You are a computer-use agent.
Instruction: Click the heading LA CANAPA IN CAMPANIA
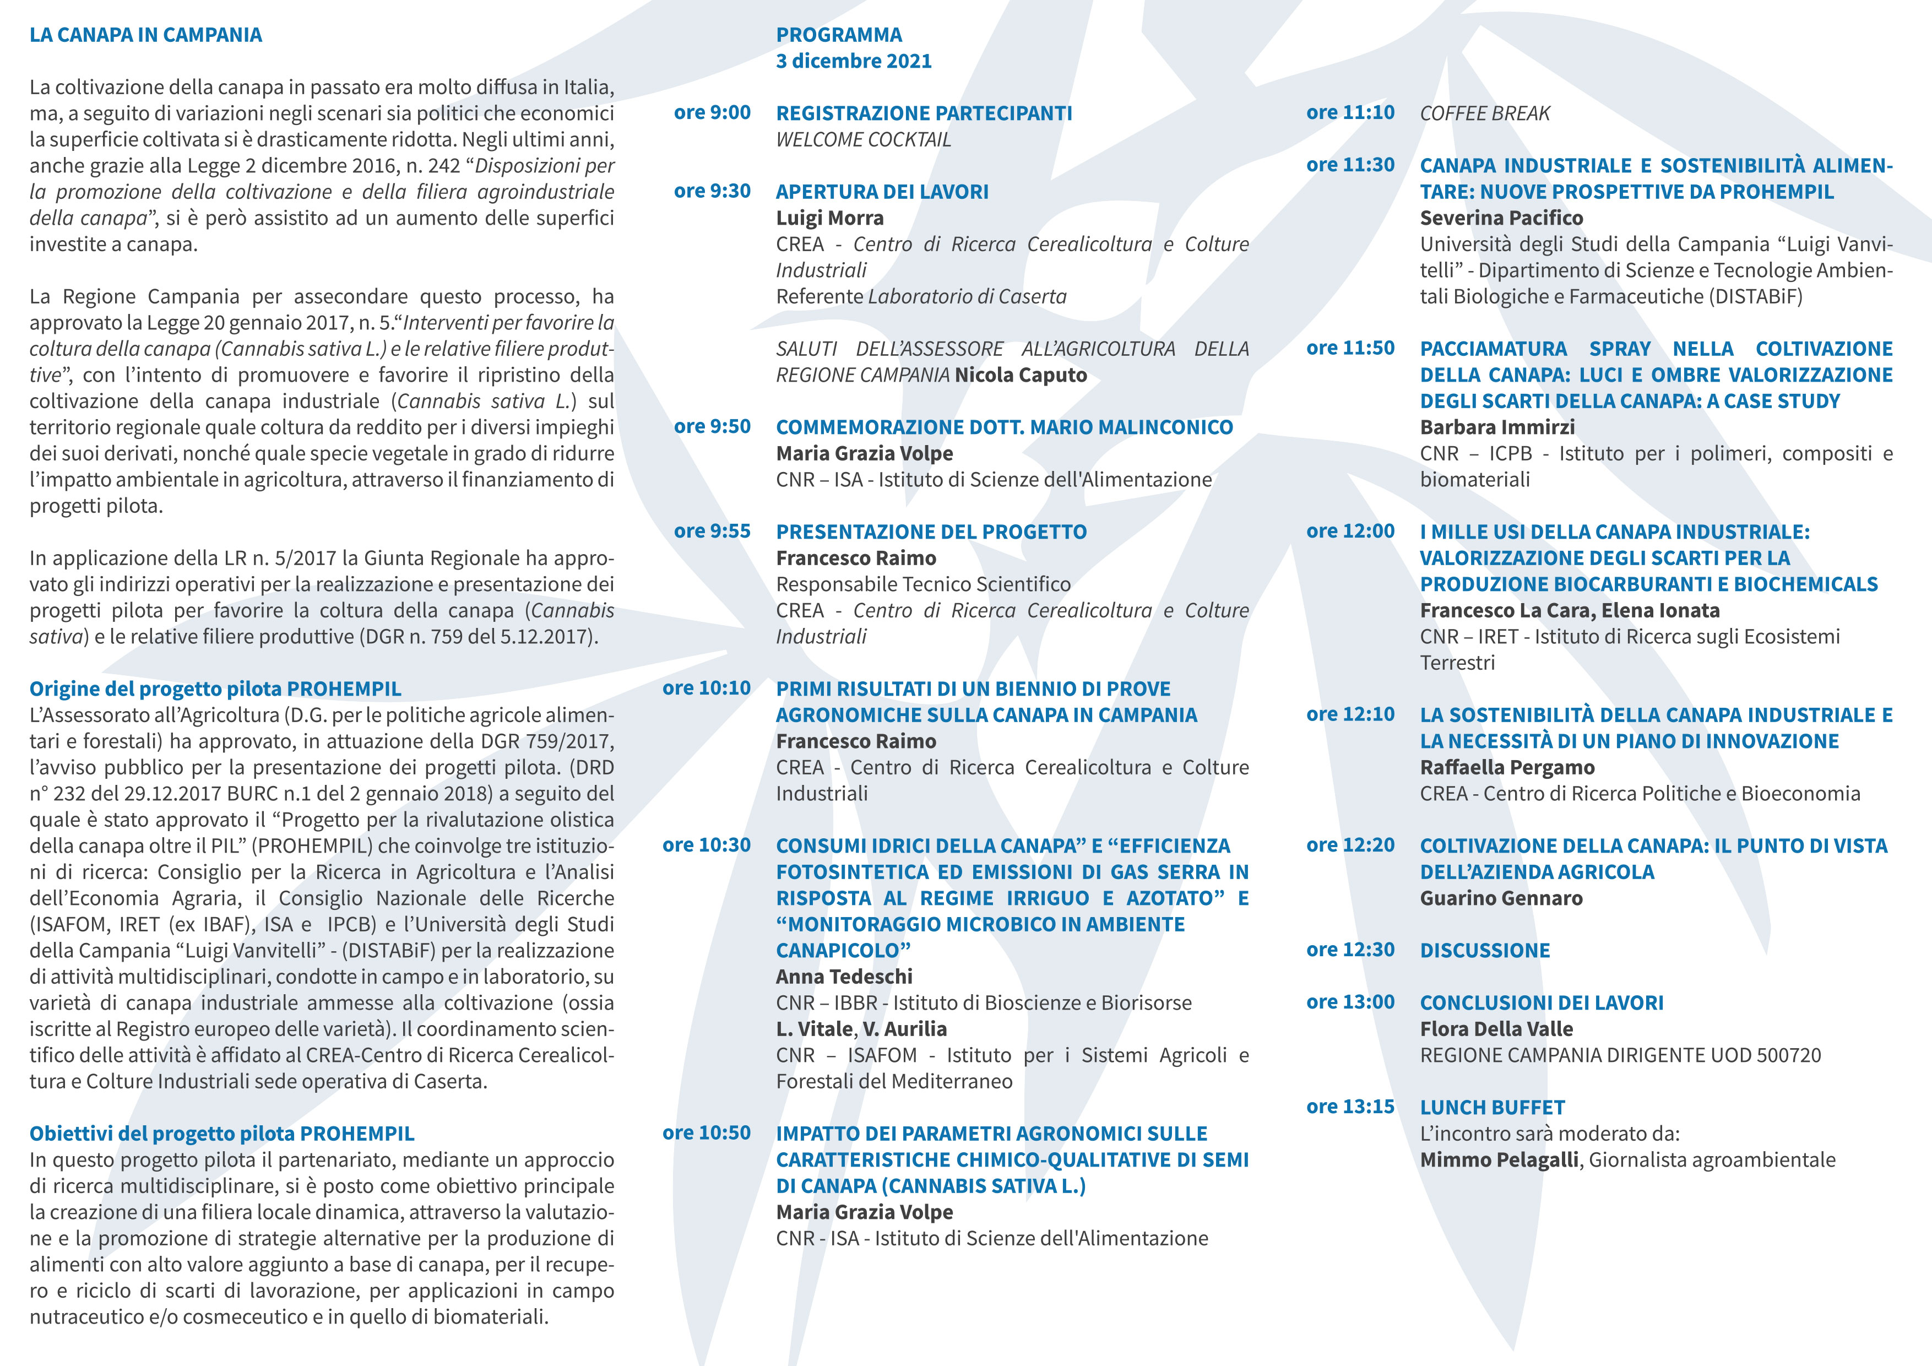coord(145,35)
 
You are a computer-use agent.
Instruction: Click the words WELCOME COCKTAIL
coord(864,140)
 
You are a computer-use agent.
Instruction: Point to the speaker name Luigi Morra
coord(829,218)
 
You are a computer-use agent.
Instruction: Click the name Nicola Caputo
coord(1021,376)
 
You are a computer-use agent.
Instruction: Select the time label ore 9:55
coord(712,531)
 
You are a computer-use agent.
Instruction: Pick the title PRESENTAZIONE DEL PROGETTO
coord(931,532)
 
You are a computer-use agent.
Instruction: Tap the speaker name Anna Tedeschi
coord(844,977)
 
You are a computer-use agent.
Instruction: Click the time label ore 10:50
coord(706,1133)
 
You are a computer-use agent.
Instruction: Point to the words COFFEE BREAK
coord(1484,113)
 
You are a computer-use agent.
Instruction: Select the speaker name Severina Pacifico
coord(1501,218)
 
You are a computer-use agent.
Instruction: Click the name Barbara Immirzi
coord(1497,427)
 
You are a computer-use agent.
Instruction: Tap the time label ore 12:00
coord(1350,531)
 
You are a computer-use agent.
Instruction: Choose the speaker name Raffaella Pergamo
coord(1507,768)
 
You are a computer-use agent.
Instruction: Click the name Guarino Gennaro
coord(1501,898)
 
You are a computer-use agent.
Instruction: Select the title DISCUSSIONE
coord(1484,950)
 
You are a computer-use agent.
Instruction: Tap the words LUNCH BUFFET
coord(1492,1108)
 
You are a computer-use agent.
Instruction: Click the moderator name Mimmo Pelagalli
coord(1499,1160)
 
